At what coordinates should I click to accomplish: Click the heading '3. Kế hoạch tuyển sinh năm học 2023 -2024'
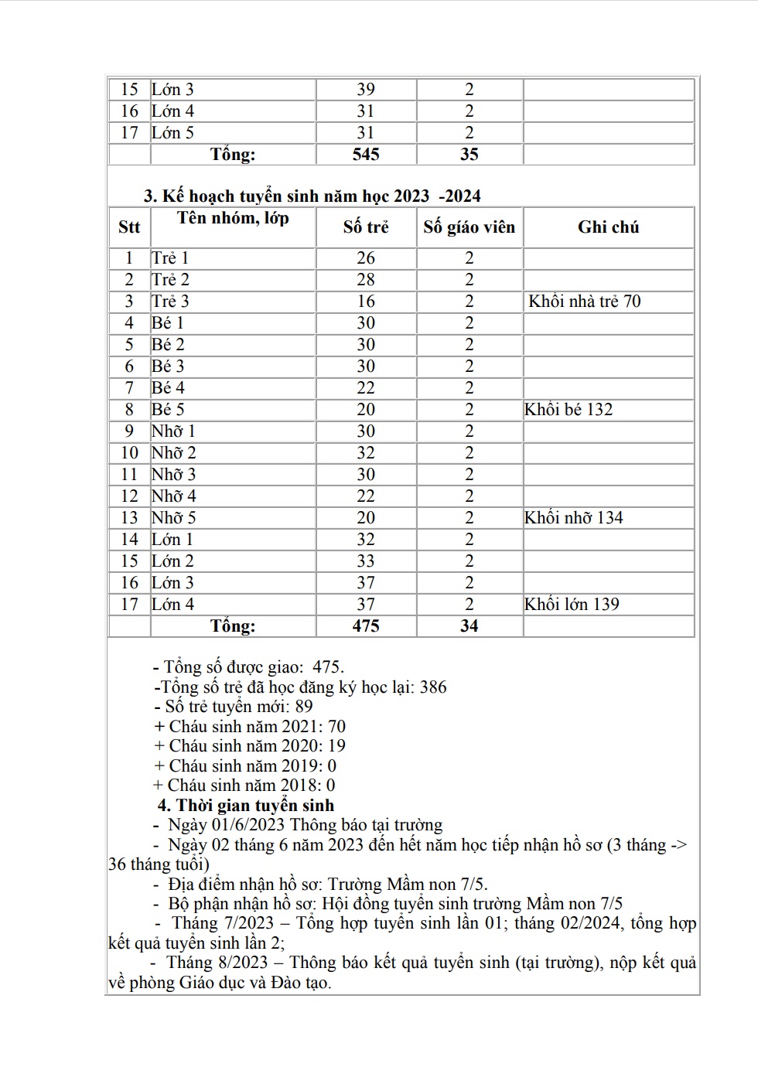312,196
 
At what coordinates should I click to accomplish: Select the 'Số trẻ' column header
366,227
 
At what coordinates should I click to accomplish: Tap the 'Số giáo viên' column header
469,227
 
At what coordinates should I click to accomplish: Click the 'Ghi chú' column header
608,227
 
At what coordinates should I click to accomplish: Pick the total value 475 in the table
366,626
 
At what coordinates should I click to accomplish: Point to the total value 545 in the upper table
366,155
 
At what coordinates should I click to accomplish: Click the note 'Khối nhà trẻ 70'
585,302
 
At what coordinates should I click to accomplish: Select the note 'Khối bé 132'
568,410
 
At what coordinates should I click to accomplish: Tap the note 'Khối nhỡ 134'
573,518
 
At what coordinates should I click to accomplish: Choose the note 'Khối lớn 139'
572,605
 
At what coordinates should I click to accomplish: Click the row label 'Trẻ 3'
170,302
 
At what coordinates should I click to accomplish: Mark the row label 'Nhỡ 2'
173,453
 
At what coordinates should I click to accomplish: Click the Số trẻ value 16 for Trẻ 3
366,302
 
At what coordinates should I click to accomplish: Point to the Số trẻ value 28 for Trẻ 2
366,280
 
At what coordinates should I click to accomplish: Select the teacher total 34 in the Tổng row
469,626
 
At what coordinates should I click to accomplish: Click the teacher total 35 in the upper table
469,155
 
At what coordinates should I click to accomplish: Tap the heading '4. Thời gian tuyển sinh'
246,806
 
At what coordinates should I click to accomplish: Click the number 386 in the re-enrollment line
432,687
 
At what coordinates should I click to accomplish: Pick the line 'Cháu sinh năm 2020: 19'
250,746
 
